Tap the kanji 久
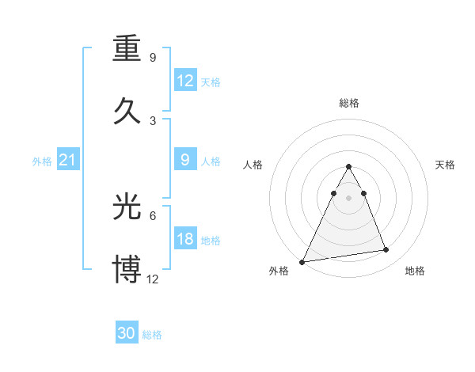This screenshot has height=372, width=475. [x=127, y=106]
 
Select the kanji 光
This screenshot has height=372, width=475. [x=127, y=207]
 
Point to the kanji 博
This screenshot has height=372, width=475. [x=127, y=268]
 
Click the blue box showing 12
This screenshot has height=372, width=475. [x=185, y=81]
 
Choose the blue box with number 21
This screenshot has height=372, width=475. [x=67, y=161]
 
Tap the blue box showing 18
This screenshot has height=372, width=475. [x=185, y=239]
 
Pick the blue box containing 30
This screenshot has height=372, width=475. [x=127, y=333]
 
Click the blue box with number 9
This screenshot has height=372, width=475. [x=185, y=160]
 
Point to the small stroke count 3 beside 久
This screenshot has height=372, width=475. [x=153, y=120]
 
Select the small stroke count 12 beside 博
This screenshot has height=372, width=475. [x=153, y=279]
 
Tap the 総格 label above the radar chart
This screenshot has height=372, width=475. [x=349, y=103]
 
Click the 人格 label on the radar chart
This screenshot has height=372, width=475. [x=253, y=165]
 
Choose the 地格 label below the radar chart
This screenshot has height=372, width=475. [x=415, y=271]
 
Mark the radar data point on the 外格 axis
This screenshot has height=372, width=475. [x=302, y=261]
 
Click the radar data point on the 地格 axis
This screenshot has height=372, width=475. [x=386, y=250]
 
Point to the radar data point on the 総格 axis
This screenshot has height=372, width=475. [x=349, y=166]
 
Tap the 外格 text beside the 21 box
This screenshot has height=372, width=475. [x=42, y=161]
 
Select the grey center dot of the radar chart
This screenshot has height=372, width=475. [x=349, y=198]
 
